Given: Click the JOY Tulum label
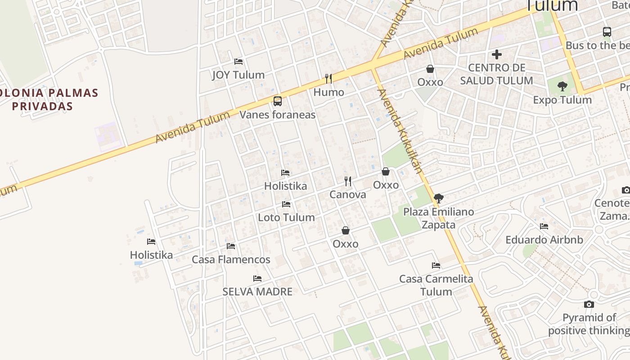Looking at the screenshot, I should point(238,75).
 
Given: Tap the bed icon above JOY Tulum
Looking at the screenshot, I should point(238,61).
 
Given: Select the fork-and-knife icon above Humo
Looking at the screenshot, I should point(328,79).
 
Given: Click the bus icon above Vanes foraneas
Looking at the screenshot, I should point(278,101).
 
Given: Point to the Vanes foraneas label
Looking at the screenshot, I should point(277,115).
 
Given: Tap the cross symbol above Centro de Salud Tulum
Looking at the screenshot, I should point(497,54).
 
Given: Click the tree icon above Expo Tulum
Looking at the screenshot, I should point(562,86).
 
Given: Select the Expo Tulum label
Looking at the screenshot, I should point(562,100).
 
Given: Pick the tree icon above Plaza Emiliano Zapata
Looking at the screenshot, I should point(438,198).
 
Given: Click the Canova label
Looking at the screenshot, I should point(347,195).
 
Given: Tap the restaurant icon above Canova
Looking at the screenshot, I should point(348,181).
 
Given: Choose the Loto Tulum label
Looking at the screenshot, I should point(286,217).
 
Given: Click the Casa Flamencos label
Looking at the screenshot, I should point(231,260).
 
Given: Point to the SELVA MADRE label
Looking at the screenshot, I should point(257,292).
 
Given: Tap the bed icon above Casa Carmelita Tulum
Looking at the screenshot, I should point(436,265).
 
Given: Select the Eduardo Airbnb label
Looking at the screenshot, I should point(544,240).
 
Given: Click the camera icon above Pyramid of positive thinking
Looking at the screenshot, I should point(589,305).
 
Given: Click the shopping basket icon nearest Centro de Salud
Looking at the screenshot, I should point(430,69).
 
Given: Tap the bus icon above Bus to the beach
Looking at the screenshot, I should point(607,32).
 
